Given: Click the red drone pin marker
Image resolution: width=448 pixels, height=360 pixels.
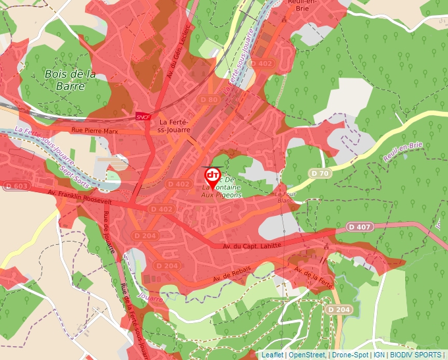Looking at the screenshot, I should (212, 175).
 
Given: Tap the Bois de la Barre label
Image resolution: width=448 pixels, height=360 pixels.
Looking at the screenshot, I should (70, 80).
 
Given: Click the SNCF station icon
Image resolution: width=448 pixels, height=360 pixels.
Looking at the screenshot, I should (142, 116).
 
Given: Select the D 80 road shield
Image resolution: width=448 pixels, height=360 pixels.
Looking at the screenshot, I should (208, 99).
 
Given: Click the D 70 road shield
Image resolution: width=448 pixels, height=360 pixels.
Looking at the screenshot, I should (321, 173).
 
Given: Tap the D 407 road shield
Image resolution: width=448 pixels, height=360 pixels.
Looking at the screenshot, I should (360, 227).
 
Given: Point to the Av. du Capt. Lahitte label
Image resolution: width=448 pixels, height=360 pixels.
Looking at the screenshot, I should (252, 245).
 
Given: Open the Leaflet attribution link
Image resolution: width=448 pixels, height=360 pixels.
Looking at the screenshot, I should (272, 355).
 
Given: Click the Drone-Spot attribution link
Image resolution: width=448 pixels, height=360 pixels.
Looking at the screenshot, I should (350, 355).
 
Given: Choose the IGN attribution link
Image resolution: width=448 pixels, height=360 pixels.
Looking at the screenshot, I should (379, 355).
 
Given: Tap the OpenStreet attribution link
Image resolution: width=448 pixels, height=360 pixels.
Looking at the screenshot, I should (307, 355).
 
